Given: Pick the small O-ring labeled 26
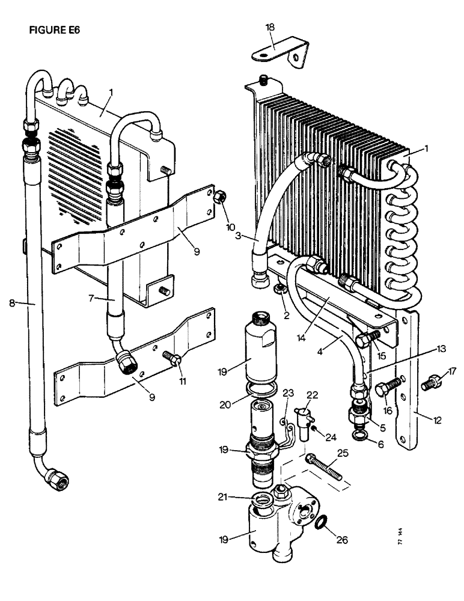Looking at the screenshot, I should pyautogui.click(x=322, y=522).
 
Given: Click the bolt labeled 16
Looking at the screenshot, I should pyautogui.click(x=388, y=386).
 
